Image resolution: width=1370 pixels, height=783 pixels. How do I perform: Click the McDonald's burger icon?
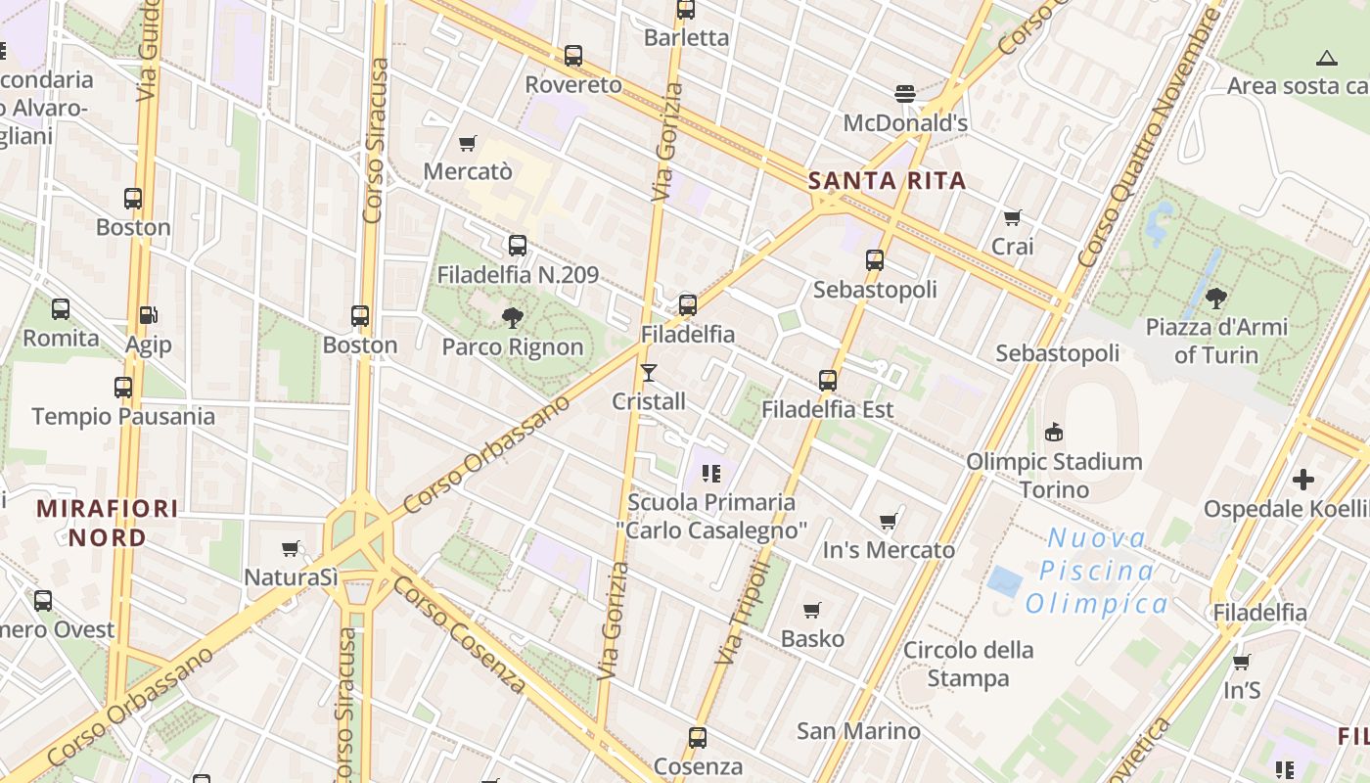pos(905,94)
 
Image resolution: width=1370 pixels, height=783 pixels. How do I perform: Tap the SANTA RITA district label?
pos(888,180)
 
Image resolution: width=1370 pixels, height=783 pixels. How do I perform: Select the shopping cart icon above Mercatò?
pos(468,143)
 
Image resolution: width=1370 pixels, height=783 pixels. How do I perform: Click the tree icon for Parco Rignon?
pos(512,317)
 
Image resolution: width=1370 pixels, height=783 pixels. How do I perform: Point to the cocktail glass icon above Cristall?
pos(648,373)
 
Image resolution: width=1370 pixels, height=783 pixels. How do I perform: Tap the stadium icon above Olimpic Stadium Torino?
pos(1054,432)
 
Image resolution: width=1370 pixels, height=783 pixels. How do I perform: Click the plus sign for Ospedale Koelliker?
pos(1302,480)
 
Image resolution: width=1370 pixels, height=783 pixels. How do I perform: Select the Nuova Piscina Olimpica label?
pos(1096,571)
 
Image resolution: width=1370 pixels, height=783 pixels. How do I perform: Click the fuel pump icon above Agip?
pos(148,315)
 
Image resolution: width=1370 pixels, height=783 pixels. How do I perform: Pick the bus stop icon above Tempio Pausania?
pos(123,388)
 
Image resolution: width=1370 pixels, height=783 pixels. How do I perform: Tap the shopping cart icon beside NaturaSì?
pos(290,549)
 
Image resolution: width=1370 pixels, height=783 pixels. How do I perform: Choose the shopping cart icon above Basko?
pos(811,611)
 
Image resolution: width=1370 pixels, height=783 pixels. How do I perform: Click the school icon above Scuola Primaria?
pos(711,474)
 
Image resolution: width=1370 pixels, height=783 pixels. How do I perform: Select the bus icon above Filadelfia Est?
pos(828,381)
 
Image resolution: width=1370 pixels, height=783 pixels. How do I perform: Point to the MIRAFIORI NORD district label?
pos(108,523)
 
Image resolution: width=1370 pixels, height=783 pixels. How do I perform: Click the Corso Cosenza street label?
pos(459,633)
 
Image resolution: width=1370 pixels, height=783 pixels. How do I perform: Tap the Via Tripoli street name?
pos(743,613)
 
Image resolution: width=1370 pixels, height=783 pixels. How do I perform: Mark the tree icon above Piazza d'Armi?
pos(1216,298)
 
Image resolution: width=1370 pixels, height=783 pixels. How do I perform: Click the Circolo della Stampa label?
pos(968,664)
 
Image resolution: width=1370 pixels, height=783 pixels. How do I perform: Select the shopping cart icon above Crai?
pos(1012,217)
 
